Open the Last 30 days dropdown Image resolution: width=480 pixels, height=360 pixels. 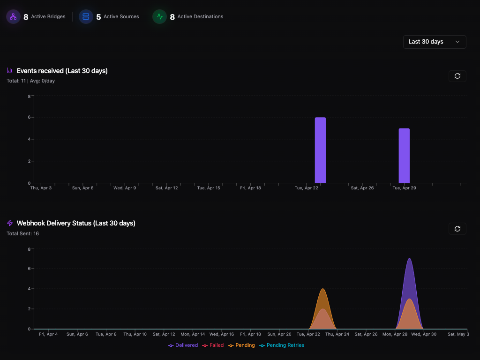pyautogui.click(x=435, y=42)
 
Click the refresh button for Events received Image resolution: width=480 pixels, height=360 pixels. pyautogui.click(x=457, y=76)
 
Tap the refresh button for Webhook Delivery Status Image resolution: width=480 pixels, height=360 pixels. pyautogui.click(x=457, y=229)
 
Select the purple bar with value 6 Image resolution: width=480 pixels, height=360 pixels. pyautogui.click(x=320, y=150)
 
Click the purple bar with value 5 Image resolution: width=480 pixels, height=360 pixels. pyautogui.click(x=404, y=156)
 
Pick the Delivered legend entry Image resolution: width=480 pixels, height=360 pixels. pyautogui.click(x=183, y=345)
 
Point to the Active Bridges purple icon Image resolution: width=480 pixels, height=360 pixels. pyautogui.click(x=13, y=17)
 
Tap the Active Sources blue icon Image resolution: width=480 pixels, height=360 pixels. pyautogui.click(x=86, y=17)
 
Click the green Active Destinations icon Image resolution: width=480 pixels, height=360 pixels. pyautogui.click(x=160, y=17)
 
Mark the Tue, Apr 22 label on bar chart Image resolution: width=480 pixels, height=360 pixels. pyautogui.click(x=307, y=188)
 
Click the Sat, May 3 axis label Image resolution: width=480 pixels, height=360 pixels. pyautogui.click(x=458, y=334)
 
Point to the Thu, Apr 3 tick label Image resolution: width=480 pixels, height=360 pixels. pyautogui.click(x=41, y=188)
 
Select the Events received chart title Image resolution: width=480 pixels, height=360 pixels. pyautogui.click(x=62, y=71)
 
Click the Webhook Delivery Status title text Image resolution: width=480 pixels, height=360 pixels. pyautogui.click(x=76, y=223)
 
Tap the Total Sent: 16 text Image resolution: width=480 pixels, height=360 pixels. pyautogui.click(x=22, y=233)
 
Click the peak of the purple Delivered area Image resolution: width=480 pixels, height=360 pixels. pyautogui.click(x=410, y=259)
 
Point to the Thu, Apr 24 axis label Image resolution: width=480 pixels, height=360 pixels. pyautogui.click(x=337, y=334)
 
